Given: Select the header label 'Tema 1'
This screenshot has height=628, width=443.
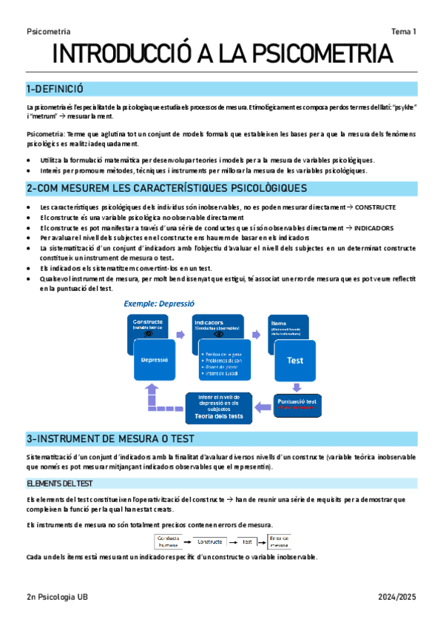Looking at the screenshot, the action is click(404, 31).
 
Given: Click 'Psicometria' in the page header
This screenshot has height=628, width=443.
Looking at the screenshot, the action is click(48, 31).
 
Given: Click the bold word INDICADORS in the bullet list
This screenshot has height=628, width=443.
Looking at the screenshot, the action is click(373, 228).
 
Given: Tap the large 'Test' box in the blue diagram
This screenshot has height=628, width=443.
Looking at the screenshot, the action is click(294, 361).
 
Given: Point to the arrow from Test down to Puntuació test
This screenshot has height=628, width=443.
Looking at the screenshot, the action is click(296, 387).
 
